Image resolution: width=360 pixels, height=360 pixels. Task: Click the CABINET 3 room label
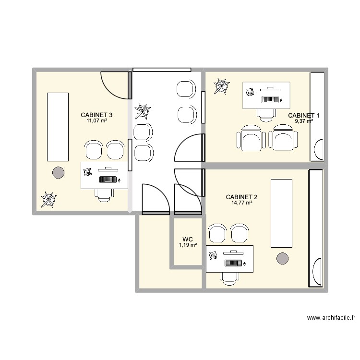pos(96,115)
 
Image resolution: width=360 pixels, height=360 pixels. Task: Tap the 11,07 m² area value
pos(96,121)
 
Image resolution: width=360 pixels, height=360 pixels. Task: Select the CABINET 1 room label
pos(303,115)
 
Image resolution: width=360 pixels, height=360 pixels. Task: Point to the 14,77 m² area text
pos(242,203)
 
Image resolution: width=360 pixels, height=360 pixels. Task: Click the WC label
pos(187,239)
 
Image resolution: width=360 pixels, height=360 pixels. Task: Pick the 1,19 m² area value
pos(187,245)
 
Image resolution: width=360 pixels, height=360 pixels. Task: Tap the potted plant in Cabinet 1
pos(221,86)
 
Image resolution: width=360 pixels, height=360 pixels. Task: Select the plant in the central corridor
pos(143,111)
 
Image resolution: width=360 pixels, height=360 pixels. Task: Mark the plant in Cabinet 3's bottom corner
pos(48,199)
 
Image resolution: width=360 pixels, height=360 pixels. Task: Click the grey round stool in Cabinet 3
pos(58,171)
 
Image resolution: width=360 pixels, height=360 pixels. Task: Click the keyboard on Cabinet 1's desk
pos(269,100)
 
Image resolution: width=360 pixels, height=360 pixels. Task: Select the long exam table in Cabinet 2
pos(281,213)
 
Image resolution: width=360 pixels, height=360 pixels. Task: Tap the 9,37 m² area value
pos(303,121)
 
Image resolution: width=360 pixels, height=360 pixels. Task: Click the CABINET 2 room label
pos(242,197)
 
